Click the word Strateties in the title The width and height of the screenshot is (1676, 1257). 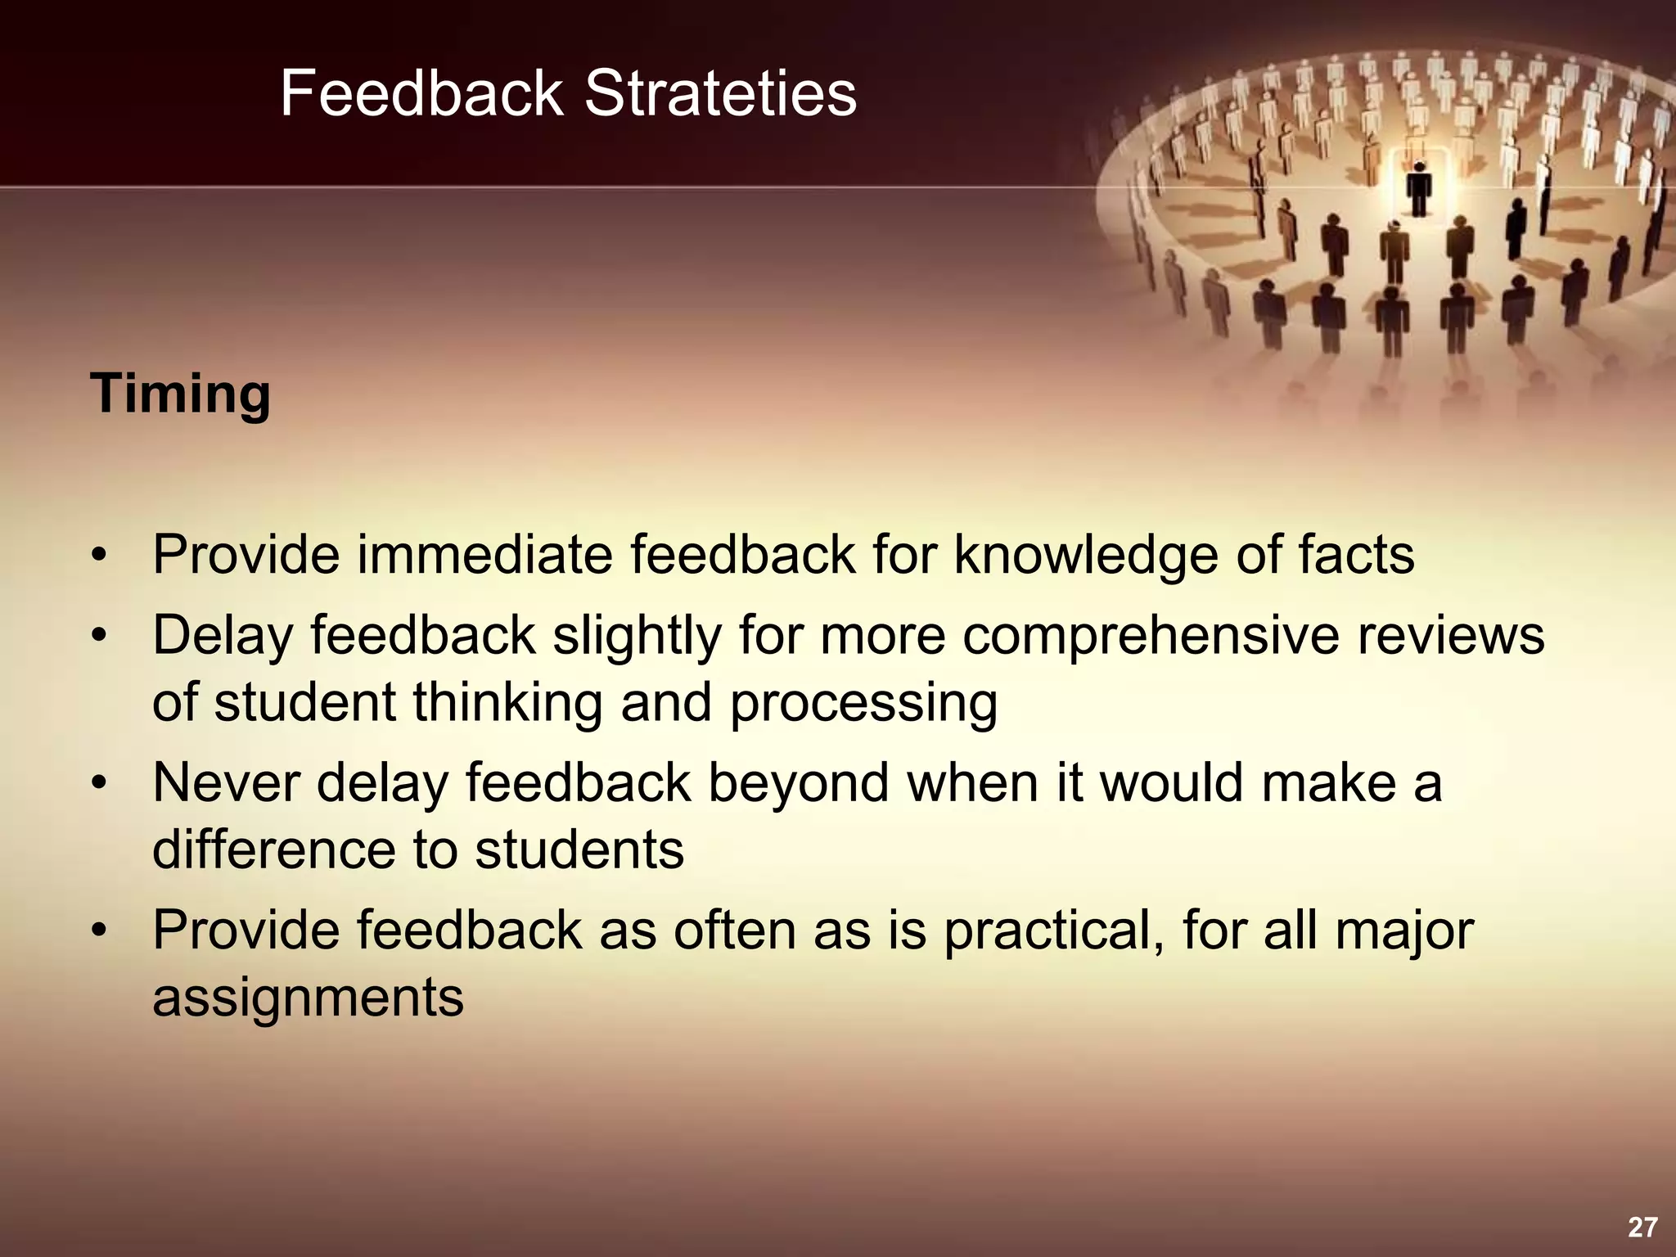tap(720, 93)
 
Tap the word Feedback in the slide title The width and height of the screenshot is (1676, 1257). tap(421, 93)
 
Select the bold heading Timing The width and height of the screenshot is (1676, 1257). tap(180, 394)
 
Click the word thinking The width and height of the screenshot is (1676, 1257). tap(507, 703)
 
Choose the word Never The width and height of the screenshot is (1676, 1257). tap(226, 783)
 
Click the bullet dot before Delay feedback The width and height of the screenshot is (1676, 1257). tap(99, 636)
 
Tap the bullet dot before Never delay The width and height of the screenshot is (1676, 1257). tap(99, 783)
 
